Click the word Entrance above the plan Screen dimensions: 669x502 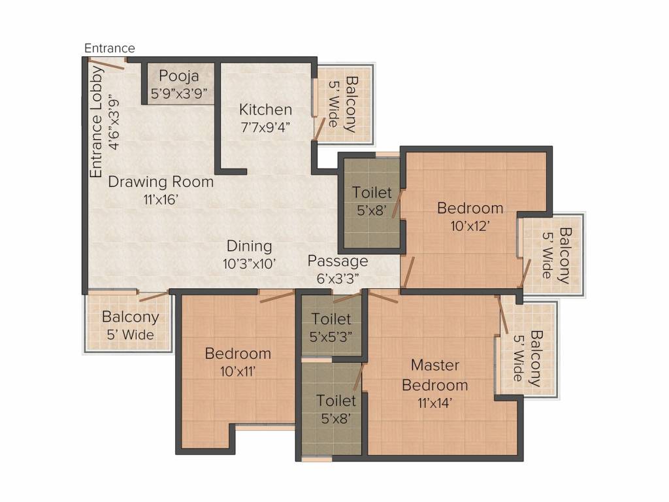pos(110,48)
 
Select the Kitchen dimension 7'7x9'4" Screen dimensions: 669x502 pos(266,127)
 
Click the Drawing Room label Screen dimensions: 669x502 pos(161,182)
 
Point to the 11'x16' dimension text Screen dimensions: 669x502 pos(161,199)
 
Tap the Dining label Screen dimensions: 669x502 pos(249,246)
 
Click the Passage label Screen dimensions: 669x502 pos(338,261)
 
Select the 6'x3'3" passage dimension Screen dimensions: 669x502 pos(338,278)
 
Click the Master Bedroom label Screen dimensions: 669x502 pos(434,375)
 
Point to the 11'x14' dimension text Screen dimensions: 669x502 pos(434,403)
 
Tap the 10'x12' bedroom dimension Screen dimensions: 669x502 pos(470,226)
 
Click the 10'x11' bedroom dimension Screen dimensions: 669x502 pos(238,371)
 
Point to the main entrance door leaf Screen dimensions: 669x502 pos(106,63)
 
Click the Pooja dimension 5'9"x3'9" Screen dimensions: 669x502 pos(179,93)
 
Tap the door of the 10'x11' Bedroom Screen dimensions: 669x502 pos(277,297)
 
